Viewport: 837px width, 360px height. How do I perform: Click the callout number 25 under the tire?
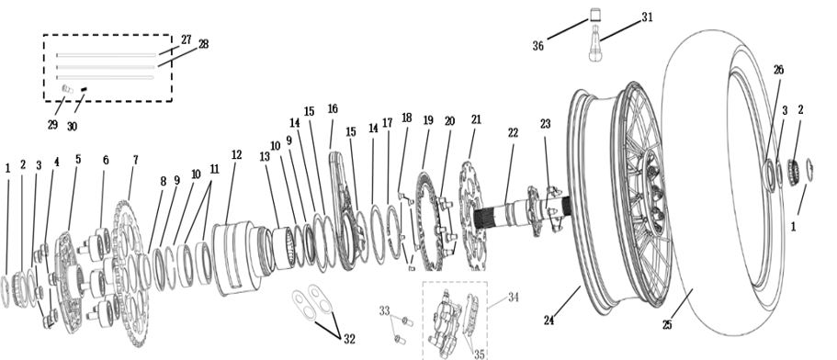pos(667,325)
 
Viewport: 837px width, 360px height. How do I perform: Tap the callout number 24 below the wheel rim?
pos(549,321)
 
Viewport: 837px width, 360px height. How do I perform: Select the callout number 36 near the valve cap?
pos(538,47)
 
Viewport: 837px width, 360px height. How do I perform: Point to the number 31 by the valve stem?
pos(647,17)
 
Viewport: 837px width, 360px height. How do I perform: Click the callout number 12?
pos(236,154)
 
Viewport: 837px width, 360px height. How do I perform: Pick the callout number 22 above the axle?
pos(513,133)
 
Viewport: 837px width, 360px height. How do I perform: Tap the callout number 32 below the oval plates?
pos(349,339)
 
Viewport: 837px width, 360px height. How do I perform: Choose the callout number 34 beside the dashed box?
pos(513,297)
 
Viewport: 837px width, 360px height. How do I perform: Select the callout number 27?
pos(186,39)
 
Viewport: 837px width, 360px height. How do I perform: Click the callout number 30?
pos(72,127)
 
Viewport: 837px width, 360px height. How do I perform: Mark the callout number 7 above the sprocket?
pos(136,160)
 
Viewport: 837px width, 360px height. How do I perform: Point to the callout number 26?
pos(778,70)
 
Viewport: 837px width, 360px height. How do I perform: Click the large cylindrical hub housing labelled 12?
pos(235,257)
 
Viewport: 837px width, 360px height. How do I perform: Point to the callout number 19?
pos(428,120)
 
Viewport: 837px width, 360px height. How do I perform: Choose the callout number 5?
pos(78,159)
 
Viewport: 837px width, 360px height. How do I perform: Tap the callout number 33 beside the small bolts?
pos(385,311)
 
